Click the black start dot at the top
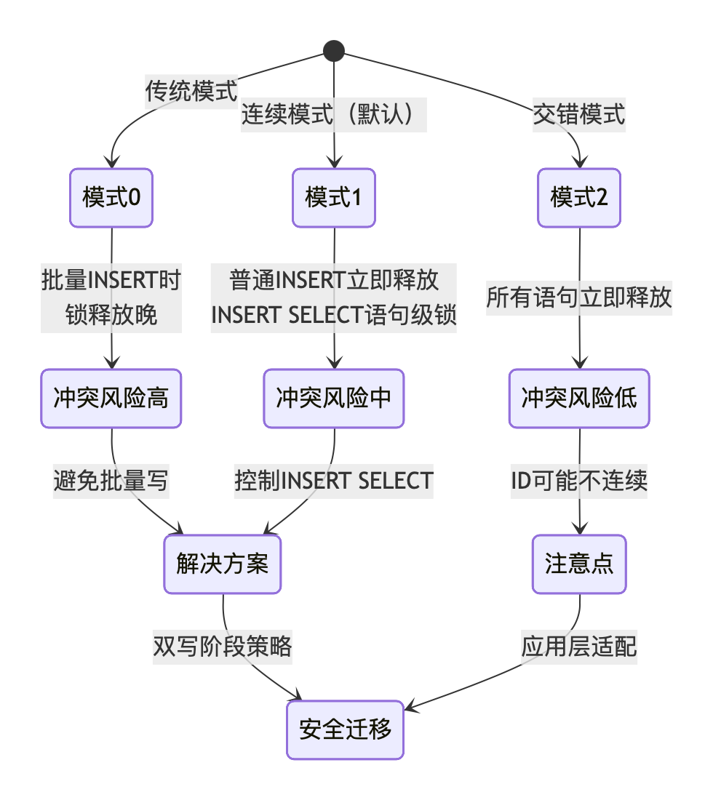[x=333, y=50]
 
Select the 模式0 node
[x=111, y=198]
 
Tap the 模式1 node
[x=334, y=198]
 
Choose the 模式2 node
[x=579, y=198]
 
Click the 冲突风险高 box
[x=111, y=398]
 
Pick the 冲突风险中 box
[x=334, y=398]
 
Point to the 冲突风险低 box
[x=579, y=398]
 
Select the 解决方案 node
[x=223, y=564]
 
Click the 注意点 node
[x=579, y=564]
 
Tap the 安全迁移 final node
[x=345, y=730]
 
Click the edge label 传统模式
[x=192, y=92]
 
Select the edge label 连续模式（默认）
[x=334, y=115]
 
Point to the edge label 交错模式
[x=579, y=115]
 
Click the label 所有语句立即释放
[x=579, y=298]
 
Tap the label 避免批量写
[x=111, y=481]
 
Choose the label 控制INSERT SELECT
[x=334, y=481]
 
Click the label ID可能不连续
[x=579, y=481]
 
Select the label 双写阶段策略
[x=223, y=647]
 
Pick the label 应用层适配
[x=579, y=647]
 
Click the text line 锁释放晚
[x=111, y=316]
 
